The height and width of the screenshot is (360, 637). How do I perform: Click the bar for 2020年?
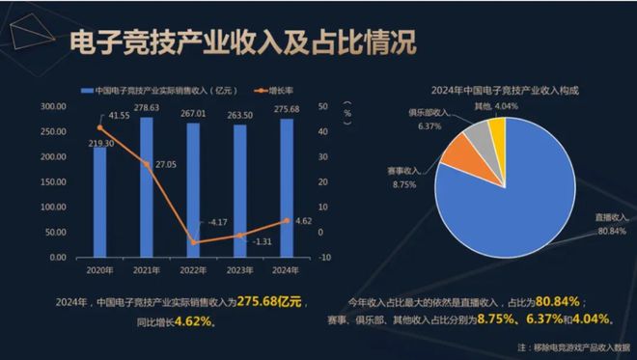tap(100, 203)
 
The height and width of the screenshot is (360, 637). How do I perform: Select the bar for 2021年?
tap(147, 188)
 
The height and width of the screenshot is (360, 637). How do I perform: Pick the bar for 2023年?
tap(239, 192)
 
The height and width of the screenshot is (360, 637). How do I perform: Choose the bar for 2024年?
tap(286, 189)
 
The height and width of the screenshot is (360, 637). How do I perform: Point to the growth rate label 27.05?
tap(166, 165)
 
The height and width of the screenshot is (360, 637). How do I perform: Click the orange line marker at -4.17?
tap(193, 242)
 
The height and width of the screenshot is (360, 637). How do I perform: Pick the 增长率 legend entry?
tap(279, 92)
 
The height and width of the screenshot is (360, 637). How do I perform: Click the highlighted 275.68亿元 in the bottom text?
tap(269, 302)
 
